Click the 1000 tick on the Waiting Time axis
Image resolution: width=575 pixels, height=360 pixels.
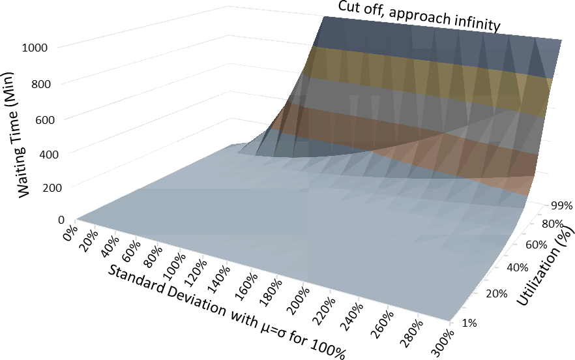pos(40,48)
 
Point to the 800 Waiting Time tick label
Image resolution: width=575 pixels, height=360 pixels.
pos(43,83)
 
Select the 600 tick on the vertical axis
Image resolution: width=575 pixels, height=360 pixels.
pos(43,119)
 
